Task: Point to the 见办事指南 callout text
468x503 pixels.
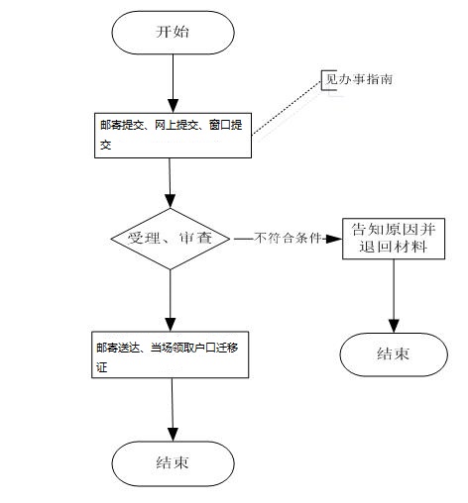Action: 359,79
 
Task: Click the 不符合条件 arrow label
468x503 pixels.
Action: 288,238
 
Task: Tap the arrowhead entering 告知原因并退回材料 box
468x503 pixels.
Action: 334,239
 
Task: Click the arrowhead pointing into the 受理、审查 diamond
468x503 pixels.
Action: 171,201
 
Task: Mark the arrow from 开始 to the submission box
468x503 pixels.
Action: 173,83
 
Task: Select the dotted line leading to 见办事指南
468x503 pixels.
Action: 287,108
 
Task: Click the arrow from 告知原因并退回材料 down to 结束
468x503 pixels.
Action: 394,296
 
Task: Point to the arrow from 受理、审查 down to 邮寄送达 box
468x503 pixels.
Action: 171,300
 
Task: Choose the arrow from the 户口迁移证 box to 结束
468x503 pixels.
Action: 173,410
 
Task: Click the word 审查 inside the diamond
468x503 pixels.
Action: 195,238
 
